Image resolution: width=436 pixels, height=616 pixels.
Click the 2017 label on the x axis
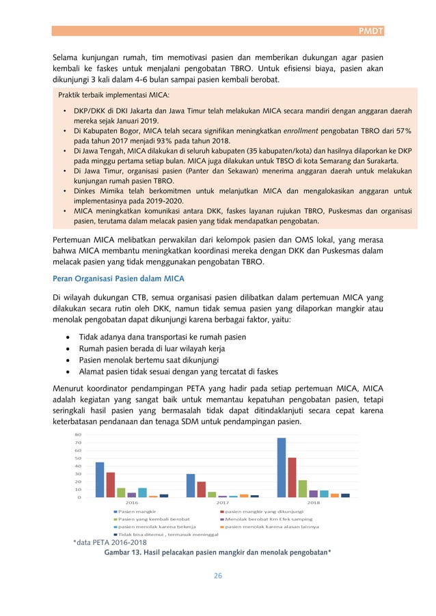223,503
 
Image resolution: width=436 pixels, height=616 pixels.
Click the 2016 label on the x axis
132,503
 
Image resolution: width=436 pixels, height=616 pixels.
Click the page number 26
218,576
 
